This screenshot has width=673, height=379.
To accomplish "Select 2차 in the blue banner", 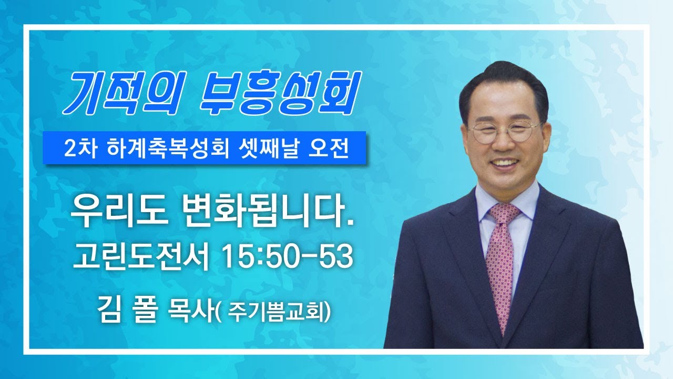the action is click(80, 148).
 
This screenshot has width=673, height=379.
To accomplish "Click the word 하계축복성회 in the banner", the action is click(166, 148).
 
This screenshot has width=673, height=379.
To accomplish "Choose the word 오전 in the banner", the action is click(329, 148).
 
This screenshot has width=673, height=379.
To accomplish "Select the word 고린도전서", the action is click(140, 257).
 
